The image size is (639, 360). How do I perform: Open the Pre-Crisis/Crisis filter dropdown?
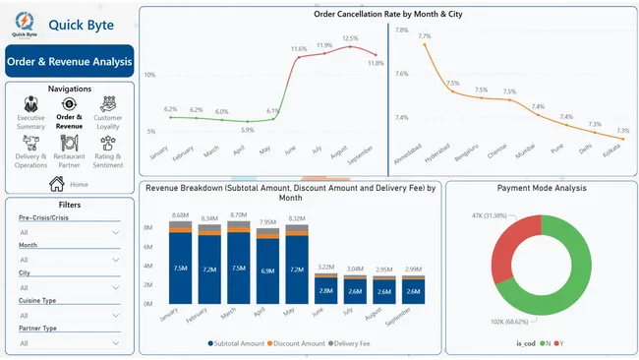[x=69, y=232]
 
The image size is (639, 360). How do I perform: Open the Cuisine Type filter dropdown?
[x=69, y=316]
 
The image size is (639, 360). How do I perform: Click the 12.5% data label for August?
[x=350, y=40]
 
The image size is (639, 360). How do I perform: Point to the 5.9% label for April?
[x=247, y=130]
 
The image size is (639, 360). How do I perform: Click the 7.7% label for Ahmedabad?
[x=425, y=37]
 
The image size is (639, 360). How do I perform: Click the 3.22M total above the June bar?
[x=325, y=268]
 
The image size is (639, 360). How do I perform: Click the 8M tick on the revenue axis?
[x=149, y=227]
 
